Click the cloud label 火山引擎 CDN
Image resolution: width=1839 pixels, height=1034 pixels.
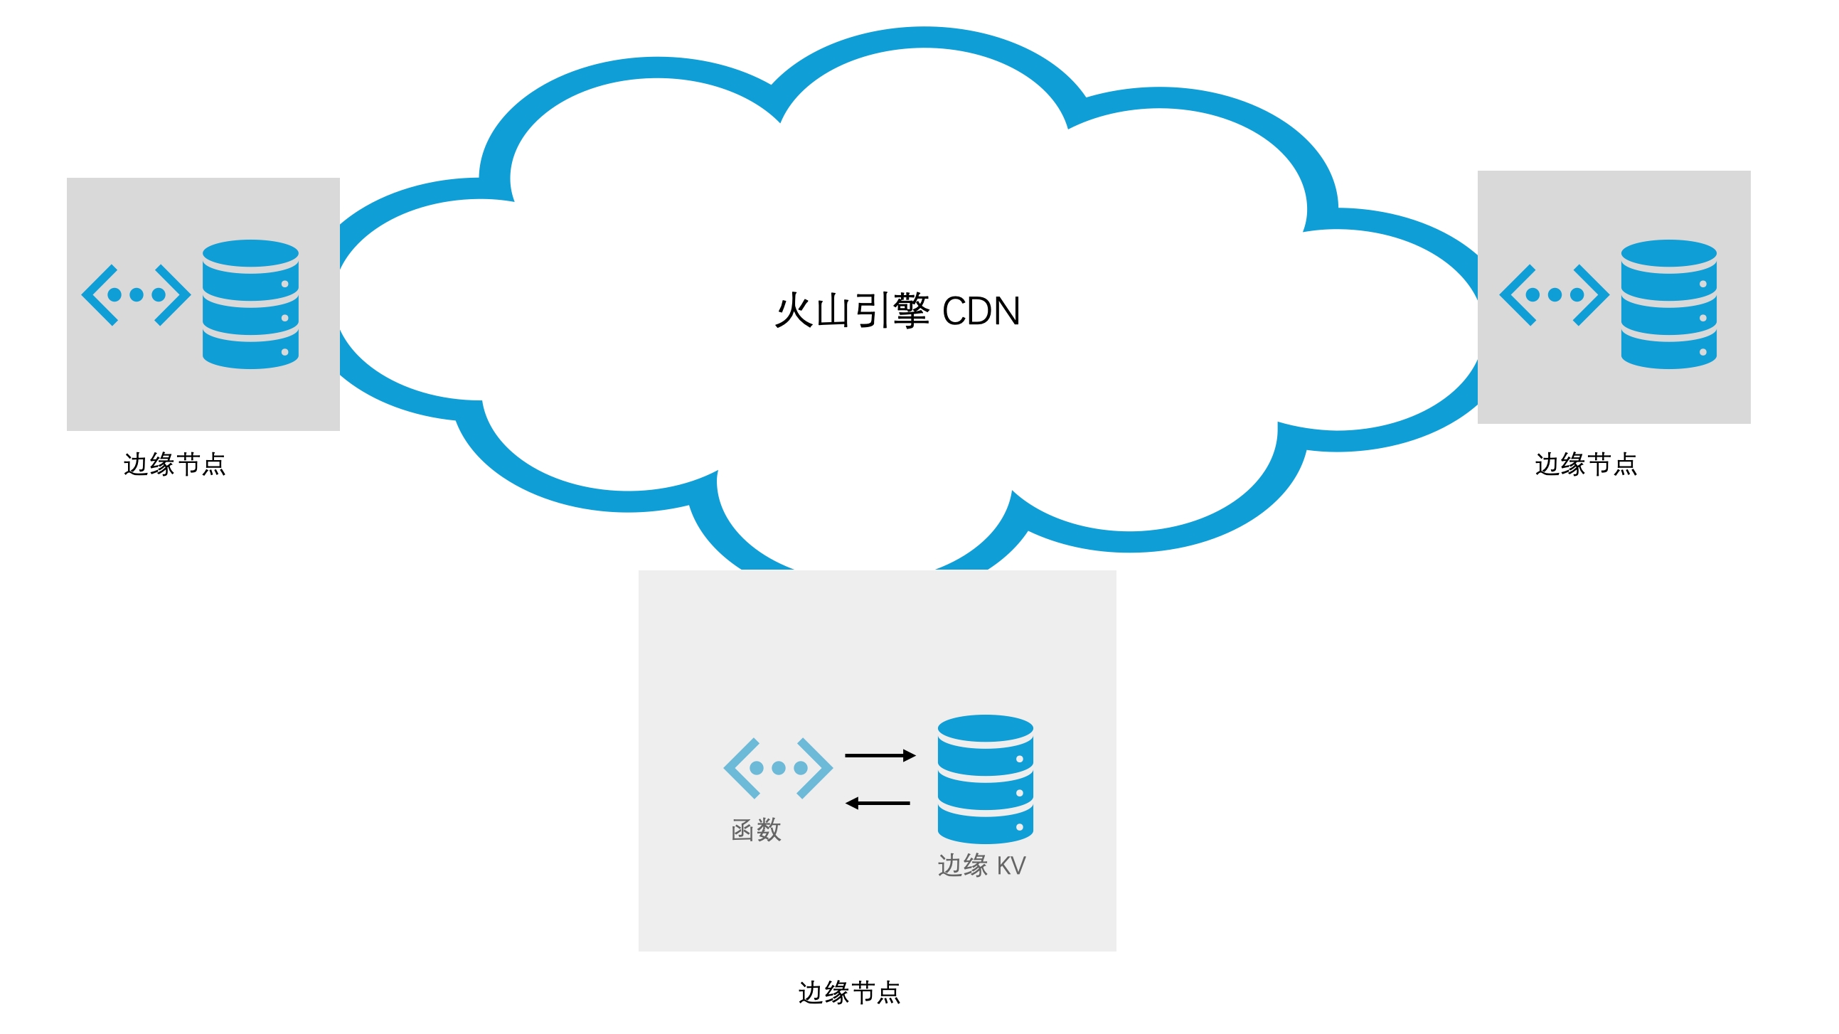tap(897, 311)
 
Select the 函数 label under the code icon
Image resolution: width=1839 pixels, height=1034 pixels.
tap(756, 830)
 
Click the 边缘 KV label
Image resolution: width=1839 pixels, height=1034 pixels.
tap(981, 865)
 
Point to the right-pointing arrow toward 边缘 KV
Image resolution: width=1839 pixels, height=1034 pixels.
tap(880, 755)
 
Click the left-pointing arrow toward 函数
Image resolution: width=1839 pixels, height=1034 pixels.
tap(878, 804)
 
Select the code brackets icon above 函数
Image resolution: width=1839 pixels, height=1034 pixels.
tap(777, 767)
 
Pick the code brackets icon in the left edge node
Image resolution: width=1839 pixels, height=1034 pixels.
tap(136, 294)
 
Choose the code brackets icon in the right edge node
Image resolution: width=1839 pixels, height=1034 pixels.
tap(1554, 294)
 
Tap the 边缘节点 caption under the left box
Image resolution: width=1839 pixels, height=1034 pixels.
tap(174, 464)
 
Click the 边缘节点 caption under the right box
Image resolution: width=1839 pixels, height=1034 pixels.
tap(1586, 464)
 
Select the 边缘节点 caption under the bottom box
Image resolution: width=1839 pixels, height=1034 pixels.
tap(849, 992)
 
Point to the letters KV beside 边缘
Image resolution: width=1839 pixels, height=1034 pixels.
tap(1011, 865)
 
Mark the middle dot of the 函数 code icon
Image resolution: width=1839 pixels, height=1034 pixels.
tap(778, 767)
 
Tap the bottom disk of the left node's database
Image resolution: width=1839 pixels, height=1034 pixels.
tap(250, 352)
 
